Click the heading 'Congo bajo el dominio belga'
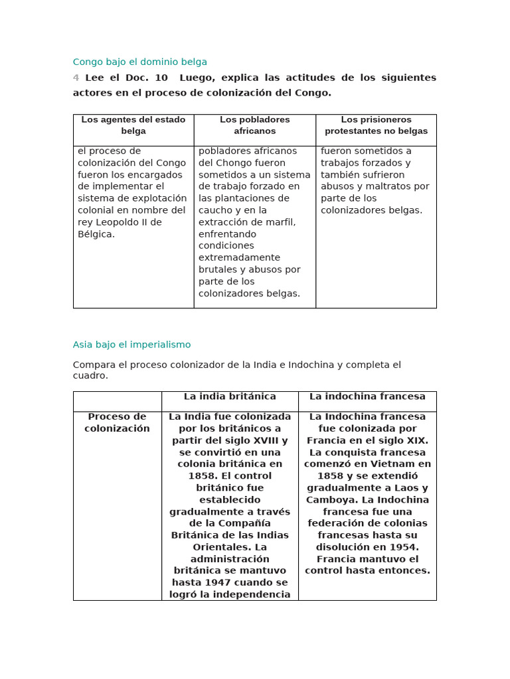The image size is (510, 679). point(139,62)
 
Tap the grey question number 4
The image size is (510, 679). point(76,78)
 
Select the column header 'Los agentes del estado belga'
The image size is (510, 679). point(133,125)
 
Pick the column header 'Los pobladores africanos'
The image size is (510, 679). point(254,125)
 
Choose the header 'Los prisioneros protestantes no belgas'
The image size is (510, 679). point(376,125)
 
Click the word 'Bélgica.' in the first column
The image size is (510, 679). point(96,234)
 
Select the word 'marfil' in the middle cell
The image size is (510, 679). point(281,222)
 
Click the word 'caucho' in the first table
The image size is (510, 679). point(215,210)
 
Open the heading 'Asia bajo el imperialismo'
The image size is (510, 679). point(131,345)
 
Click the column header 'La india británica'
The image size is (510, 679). point(230,397)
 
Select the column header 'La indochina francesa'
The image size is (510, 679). point(367,397)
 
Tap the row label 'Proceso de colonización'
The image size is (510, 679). point(117,422)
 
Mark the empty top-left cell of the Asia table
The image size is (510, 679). point(117,401)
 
